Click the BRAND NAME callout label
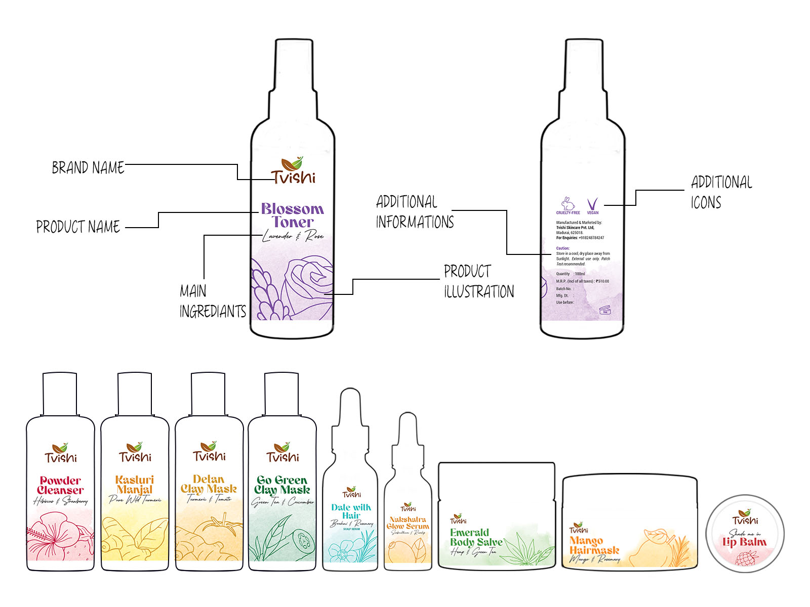tap(88, 167)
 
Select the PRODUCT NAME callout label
tap(78, 227)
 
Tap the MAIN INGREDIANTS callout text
tap(212, 301)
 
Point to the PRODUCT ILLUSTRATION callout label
tap(478, 281)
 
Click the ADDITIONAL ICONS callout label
tap(721, 192)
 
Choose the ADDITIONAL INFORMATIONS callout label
tap(415, 212)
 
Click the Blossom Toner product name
tap(292, 215)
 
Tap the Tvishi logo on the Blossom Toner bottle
tap(293, 171)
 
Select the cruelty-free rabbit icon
tap(568, 204)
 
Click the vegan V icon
tap(592, 204)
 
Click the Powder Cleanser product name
tap(60, 485)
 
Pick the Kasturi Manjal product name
tap(135, 484)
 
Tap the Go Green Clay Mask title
tap(282, 485)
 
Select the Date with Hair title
tap(351, 511)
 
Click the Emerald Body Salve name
tap(476, 537)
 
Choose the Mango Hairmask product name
tap(594, 545)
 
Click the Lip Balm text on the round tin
tap(744, 542)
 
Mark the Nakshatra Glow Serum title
tap(408, 523)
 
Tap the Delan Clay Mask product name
tap(209, 484)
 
